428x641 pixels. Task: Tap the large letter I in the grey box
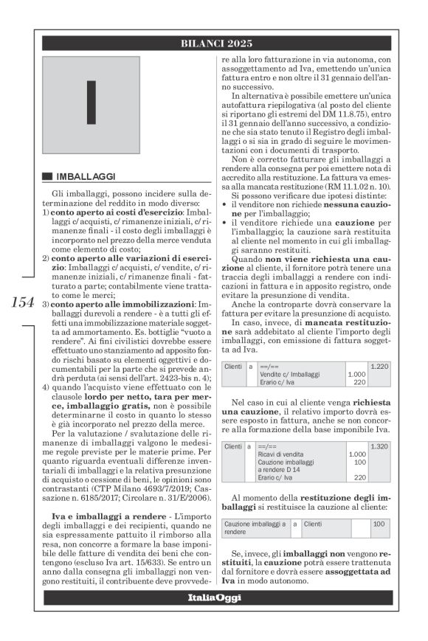pyautogui.click(x=91, y=100)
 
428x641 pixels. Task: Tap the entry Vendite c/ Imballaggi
pyautogui.click(x=290, y=375)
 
